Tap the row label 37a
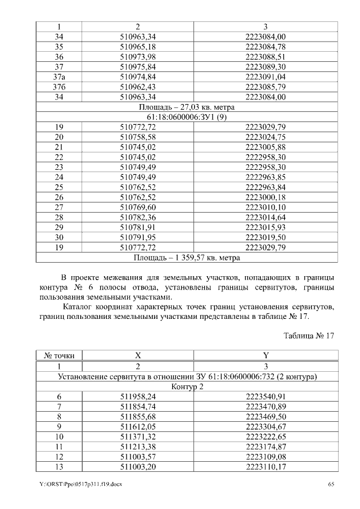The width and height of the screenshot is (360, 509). pos(59,76)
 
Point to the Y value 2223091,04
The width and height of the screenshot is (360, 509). pos(265,76)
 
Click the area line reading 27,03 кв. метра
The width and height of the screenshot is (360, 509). pos(187,107)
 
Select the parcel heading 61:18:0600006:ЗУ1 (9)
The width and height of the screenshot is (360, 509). pos(187,117)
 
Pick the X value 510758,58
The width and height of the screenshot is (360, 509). pos(138,137)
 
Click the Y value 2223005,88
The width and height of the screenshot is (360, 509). pos(265,147)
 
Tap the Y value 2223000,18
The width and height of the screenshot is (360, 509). pos(265,197)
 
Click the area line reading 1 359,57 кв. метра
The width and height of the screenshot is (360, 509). pos(187,258)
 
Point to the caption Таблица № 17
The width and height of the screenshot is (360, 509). pos(309,336)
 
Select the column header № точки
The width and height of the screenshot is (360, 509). pos(59,355)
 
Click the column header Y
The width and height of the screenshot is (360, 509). pos(265,355)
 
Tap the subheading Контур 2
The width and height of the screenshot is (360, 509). pos(187,386)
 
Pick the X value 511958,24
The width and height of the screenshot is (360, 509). pos(138,396)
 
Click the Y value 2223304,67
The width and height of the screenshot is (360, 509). pos(265,426)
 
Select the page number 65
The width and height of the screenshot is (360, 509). pos(331,484)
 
